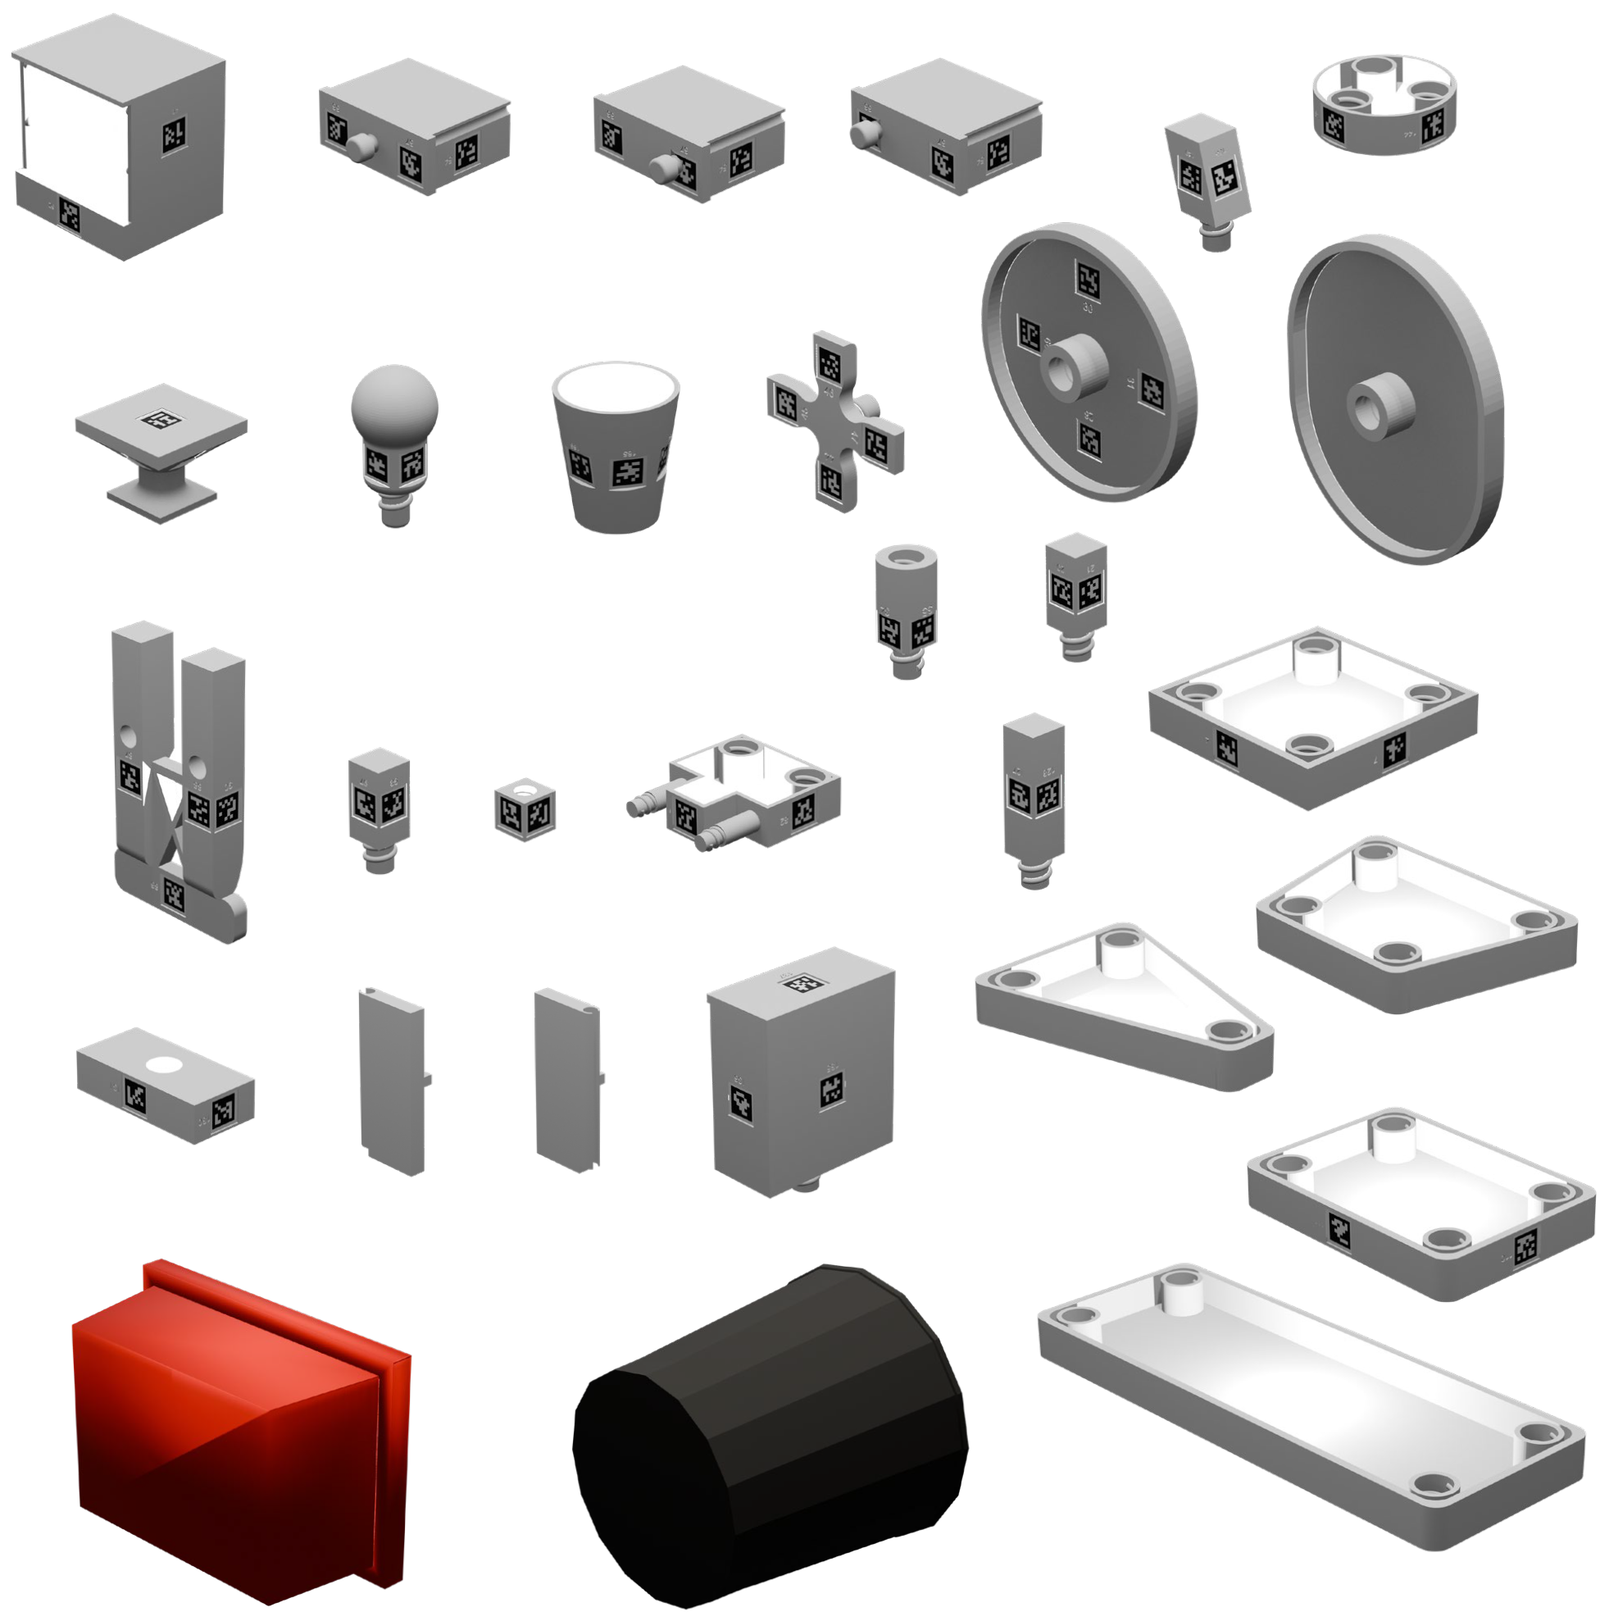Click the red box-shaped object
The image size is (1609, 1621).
pyautogui.click(x=235, y=1435)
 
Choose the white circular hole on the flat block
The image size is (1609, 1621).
pyautogui.click(x=164, y=1066)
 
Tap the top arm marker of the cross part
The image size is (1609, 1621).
pyautogui.click(x=829, y=363)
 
